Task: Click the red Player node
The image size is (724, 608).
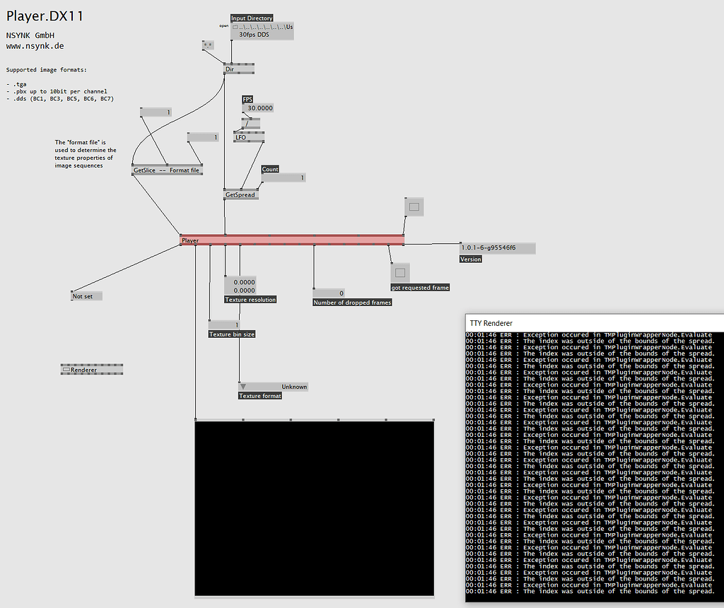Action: click(292, 240)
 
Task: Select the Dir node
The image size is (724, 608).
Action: click(238, 69)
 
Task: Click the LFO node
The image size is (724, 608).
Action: click(248, 137)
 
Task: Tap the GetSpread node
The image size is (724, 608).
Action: click(240, 194)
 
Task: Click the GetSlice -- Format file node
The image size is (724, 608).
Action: click(167, 170)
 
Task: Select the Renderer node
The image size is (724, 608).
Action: click(92, 369)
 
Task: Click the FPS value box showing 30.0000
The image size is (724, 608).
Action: click(258, 108)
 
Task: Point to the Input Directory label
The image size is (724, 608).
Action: click(252, 18)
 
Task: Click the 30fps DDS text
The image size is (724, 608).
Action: click(255, 35)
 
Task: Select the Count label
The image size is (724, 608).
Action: click(270, 169)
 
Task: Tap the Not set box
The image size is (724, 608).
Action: click(86, 296)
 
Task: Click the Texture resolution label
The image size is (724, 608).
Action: click(250, 300)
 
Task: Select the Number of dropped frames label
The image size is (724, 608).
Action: click(352, 303)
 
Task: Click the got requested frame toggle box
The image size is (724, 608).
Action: click(400, 272)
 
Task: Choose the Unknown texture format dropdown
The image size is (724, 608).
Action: click(274, 387)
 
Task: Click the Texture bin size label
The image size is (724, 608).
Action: click(232, 334)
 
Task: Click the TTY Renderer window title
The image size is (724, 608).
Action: click(491, 323)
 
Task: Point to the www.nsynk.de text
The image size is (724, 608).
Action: click(35, 45)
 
